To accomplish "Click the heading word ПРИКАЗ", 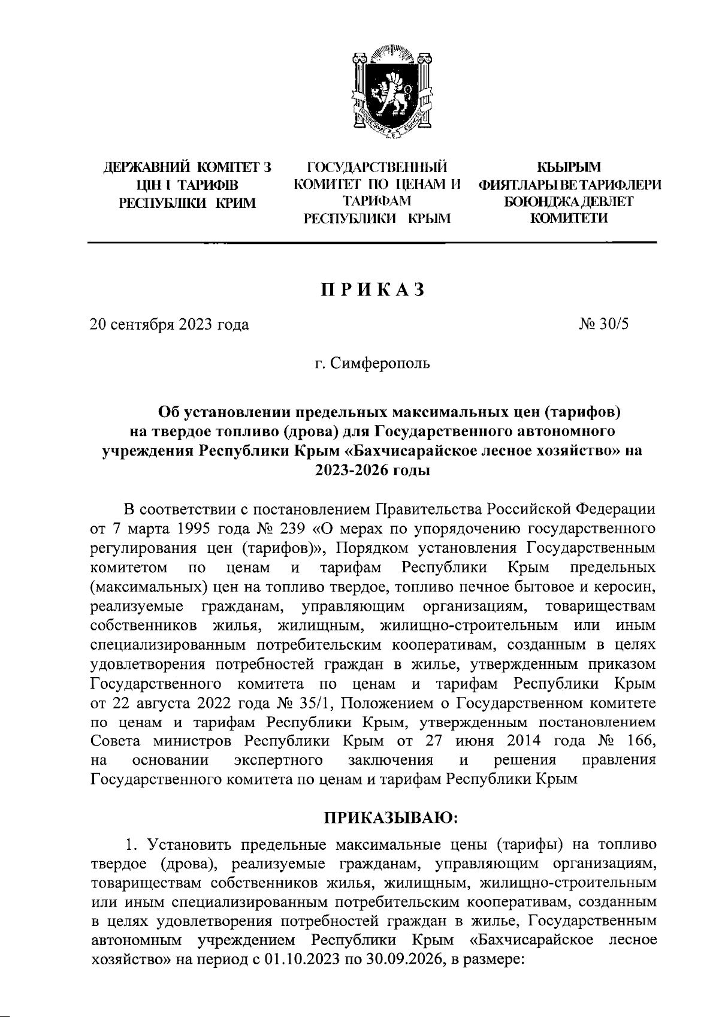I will pos(372,289).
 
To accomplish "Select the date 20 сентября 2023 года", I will pos(169,325).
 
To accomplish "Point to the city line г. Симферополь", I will pos(373,363).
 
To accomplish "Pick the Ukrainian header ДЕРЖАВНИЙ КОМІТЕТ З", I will pos(188,167).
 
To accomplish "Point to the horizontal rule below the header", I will pos(372,243).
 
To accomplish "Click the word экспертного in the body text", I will pos(277,760).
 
